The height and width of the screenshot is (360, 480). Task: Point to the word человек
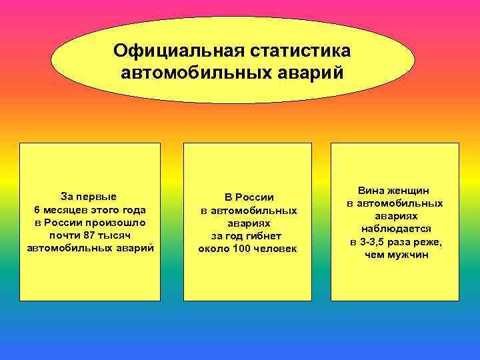point(275,249)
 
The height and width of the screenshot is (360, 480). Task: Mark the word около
point(213,249)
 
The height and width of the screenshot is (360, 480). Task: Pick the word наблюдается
point(396,229)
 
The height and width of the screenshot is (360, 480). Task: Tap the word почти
point(65,235)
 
